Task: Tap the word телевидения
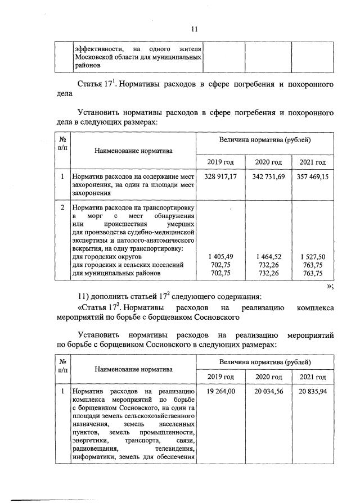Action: coord(175,449)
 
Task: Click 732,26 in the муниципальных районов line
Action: coord(268,273)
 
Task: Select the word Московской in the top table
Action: coord(95,57)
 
